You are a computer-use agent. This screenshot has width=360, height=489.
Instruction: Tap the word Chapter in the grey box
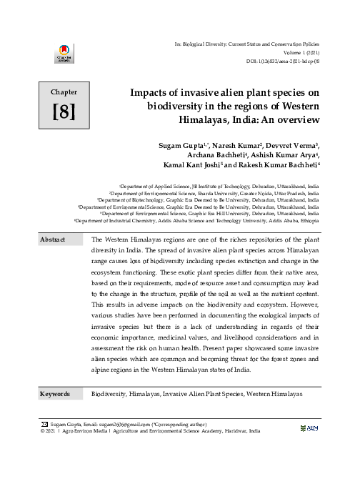[64, 92]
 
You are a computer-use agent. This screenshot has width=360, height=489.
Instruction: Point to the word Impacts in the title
[152, 93]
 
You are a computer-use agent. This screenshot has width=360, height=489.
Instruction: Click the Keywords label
[55, 394]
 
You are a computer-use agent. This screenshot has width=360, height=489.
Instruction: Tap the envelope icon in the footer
[44, 424]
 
